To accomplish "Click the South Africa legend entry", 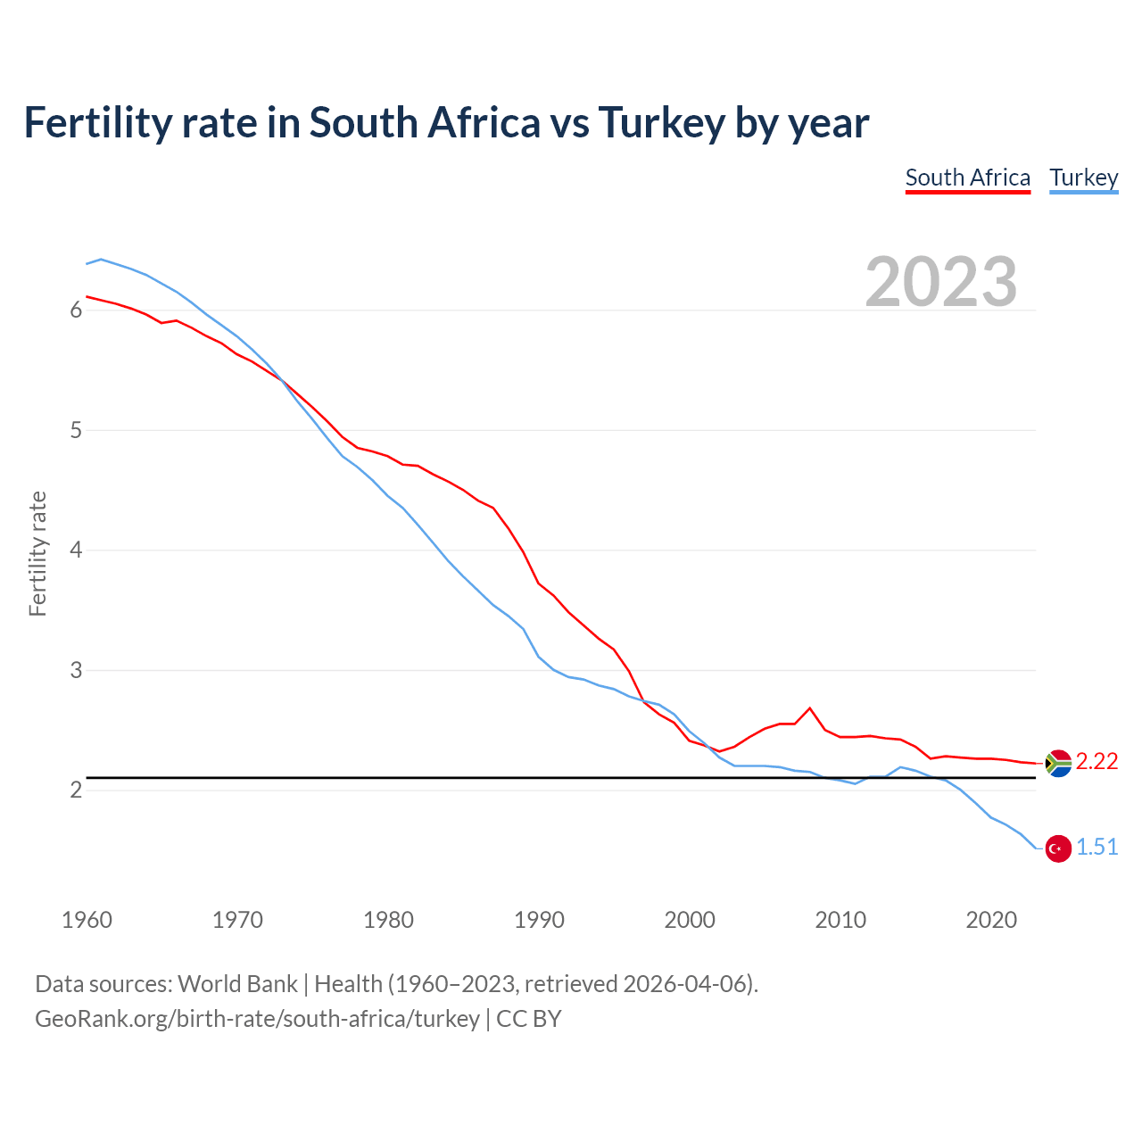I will click(967, 178).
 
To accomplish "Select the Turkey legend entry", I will click(1083, 178).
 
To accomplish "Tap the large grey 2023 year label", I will click(941, 282).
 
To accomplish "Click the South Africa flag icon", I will click(1058, 763).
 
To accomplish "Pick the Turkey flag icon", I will click(1058, 848).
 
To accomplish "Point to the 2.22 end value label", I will click(1096, 761).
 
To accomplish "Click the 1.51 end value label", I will click(1096, 847).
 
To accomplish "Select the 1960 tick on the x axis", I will click(87, 920).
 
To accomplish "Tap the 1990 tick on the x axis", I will click(539, 920).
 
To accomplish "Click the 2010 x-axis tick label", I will click(840, 920).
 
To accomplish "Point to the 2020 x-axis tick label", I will click(991, 920).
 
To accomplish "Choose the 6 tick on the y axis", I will click(76, 310).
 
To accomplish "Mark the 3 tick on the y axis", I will click(76, 670).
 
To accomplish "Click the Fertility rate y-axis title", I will click(37, 553).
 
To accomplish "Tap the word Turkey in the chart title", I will click(661, 123).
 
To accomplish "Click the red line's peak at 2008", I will click(809, 708).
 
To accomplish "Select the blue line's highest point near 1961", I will click(101, 259).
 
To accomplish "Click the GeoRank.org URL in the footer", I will click(257, 1019).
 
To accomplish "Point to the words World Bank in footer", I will click(237, 984).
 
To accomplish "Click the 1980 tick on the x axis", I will click(388, 920).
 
